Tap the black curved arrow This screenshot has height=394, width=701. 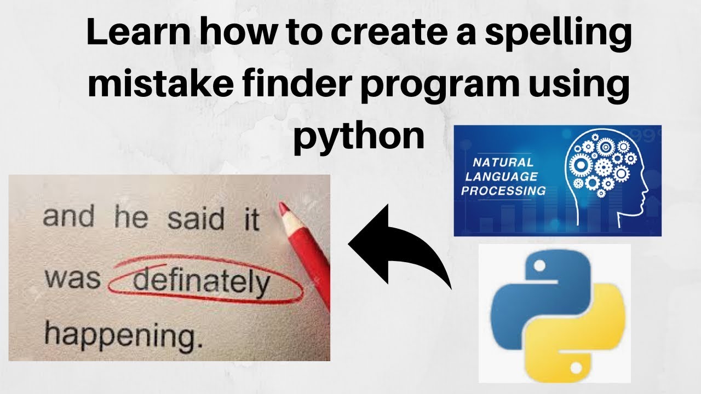[x=399, y=246]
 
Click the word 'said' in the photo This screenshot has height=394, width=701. [x=196, y=219]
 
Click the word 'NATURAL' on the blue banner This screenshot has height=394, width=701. [x=503, y=163]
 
